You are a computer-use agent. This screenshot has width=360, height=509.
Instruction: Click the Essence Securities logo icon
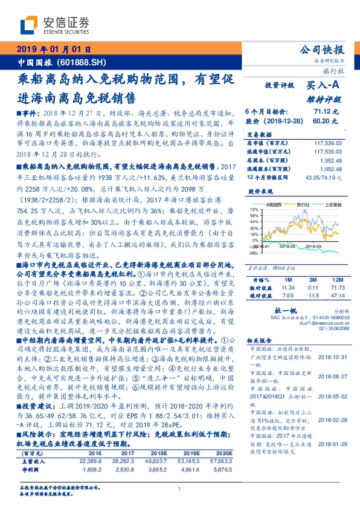point(28,25)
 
